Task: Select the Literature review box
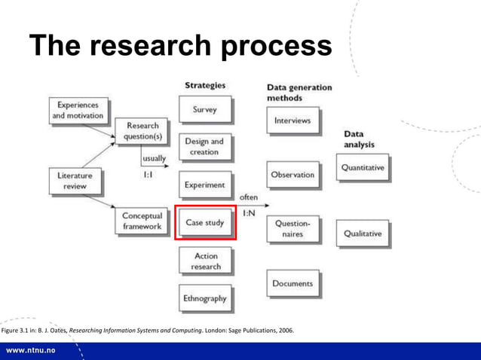point(74,181)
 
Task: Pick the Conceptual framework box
point(142,221)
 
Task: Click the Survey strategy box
point(204,110)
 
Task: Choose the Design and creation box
point(204,146)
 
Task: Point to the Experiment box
point(204,185)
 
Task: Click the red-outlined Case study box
point(205,223)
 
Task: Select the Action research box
point(204,261)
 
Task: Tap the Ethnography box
point(204,298)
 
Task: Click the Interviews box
point(292,121)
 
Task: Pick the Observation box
point(292,175)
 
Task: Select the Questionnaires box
point(292,228)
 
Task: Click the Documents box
point(292,284)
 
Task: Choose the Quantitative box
point(363,168)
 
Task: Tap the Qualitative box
point(363,233)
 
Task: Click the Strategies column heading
point(204,85)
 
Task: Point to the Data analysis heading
point(358,139)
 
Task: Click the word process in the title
point(277,47)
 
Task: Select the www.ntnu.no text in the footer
point(34,351)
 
